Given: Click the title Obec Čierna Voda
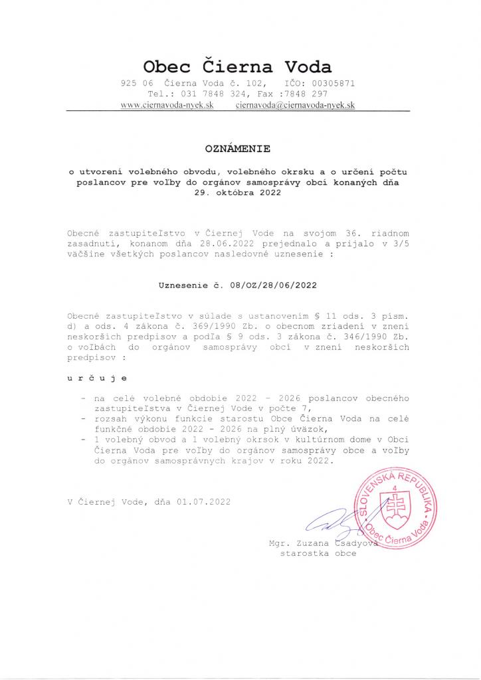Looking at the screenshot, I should [238, 66].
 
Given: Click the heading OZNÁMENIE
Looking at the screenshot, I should [238, 148].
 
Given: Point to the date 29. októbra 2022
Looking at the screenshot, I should [238, 193].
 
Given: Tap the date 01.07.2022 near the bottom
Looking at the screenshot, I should [203, 502].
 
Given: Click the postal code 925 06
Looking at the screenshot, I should [137, 84].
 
